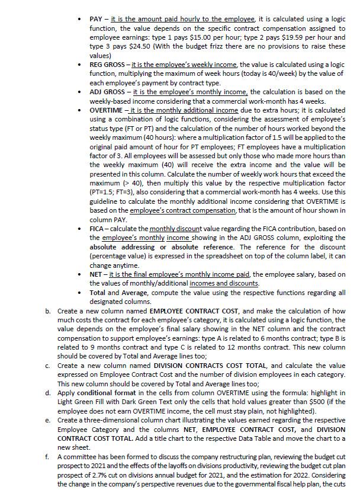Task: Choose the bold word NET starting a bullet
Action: click(97, 274)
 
